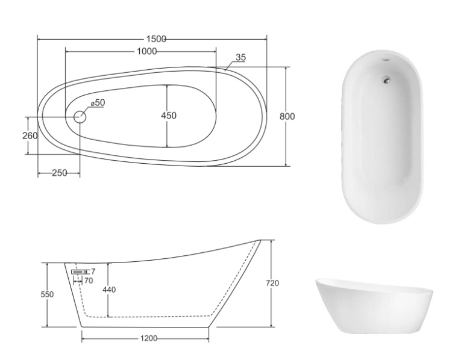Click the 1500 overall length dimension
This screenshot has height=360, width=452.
click(156, 39)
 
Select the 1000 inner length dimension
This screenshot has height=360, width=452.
click(146, 52)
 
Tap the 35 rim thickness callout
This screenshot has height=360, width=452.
click(240, 57)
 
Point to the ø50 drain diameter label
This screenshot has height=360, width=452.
click(98, 102)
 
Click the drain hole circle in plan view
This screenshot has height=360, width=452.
click(80, 117)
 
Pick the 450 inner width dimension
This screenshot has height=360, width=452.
click(169, 116)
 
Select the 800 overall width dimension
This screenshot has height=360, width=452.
click(287, 116)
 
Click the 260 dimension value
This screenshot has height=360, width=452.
click(30, 135)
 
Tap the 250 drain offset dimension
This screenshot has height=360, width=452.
click(60, 173)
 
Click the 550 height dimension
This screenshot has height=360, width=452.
click(47, 294)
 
